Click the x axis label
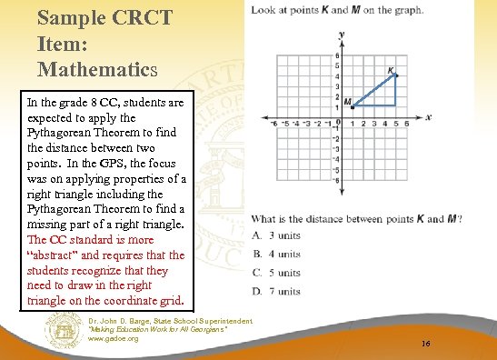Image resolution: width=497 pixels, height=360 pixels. [427, 117]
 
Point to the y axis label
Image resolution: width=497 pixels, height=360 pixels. [341, 35]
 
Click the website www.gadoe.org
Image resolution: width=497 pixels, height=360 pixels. [113, 339]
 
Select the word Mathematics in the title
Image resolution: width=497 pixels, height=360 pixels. [98, 68]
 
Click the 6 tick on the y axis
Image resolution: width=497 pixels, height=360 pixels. [337, 55]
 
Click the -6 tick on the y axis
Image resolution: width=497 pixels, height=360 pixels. [336, 179]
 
